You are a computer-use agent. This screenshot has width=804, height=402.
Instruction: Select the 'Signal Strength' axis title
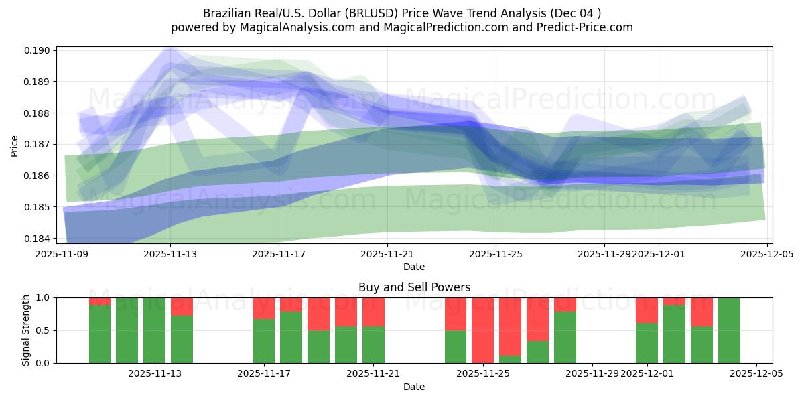pyautogui.click(x=26, y=330)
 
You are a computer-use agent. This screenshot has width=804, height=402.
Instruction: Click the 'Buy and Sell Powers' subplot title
pyautogui.click(x=414, y=287)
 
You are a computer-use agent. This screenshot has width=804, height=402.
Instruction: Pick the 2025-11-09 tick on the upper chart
pyautogui.click(x=62, y=254)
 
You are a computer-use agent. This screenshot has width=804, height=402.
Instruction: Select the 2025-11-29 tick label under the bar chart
pyautogui.click(x=593, y=374)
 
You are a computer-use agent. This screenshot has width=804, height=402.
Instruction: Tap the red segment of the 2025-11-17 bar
pyautogui.click(x=264, y=308)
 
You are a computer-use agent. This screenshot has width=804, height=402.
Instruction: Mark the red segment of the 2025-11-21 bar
pyautogui.click(x=373, y=312)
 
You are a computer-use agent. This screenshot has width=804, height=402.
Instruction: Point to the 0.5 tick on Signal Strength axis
pyautogui.click(x=45, y=330)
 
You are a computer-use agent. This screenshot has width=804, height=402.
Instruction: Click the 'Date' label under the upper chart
pyautogui.click(x=414, y=267)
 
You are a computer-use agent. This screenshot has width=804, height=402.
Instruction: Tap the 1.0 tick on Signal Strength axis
pyautogui.click(x=45, y=297)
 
